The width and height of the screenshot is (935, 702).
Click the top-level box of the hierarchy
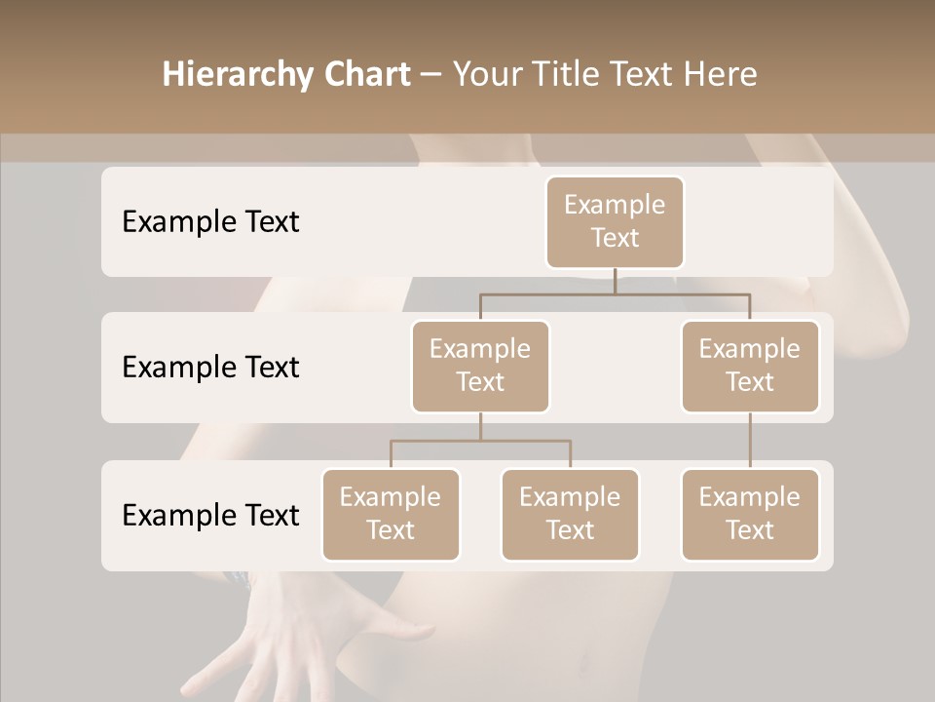pos(615,221)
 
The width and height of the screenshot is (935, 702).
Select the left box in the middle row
pos(480,366)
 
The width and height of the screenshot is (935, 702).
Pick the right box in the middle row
pos(750,366)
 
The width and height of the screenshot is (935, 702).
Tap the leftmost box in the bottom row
pos(391,514)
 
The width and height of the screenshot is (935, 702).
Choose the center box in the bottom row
pos(570,514)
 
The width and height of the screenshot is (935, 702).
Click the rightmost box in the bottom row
pos(750,514)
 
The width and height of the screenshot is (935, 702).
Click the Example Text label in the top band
pos(210,222)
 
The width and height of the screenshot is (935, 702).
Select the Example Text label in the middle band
pos(210,368)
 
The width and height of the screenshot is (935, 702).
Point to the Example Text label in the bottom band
pos(210,515)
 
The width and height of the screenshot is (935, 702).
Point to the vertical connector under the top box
pos(615,281)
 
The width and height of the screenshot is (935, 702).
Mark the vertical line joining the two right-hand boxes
pos(750,441)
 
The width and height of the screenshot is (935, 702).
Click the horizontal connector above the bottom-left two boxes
pos(480,441)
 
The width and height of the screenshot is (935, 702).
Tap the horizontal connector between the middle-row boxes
pos(615,293)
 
